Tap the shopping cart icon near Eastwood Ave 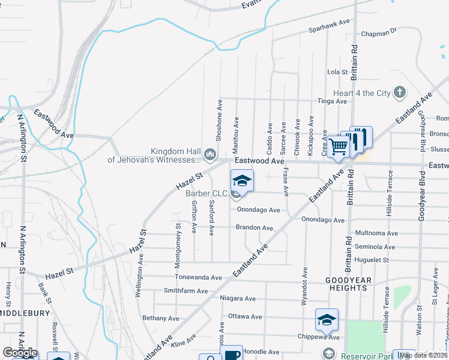(339, 146)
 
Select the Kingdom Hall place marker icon (209, 155)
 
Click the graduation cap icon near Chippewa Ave (327, 320)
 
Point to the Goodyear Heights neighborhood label (348, 284)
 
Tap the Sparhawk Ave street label (329, 24)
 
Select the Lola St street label (337, 72)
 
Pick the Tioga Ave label (332, 101)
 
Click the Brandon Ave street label (254, 228)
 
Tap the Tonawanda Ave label (198, 278)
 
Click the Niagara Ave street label (238, 298)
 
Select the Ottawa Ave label (245, 316)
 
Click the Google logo (20, 353)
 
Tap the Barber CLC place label (206, 193)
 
